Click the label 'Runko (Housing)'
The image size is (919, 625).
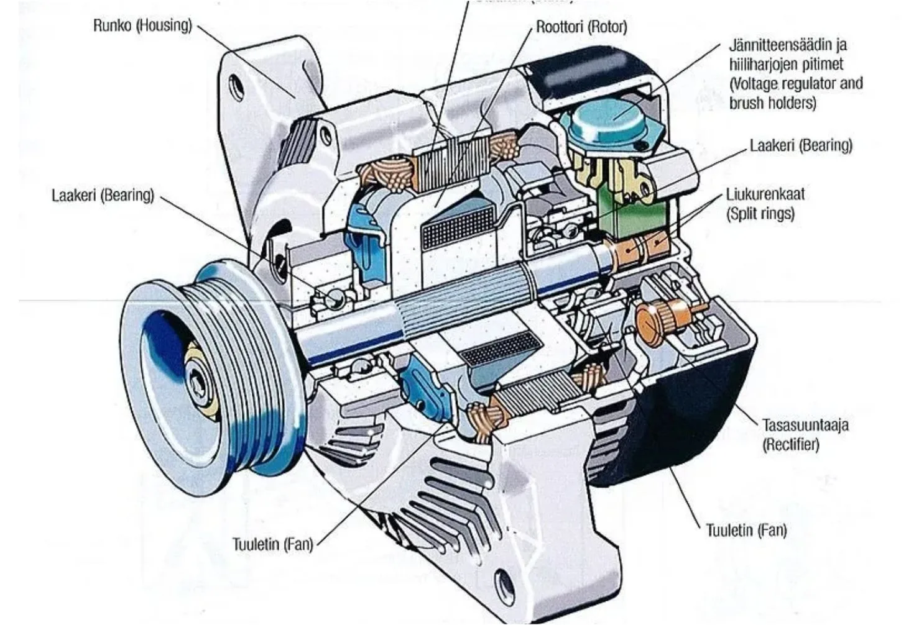[x=142, y=25]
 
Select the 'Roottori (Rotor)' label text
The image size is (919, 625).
[x=581, y=27]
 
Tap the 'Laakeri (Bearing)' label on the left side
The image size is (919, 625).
[x=103, y=195]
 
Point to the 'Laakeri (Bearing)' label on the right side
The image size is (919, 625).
[x=801, y=145]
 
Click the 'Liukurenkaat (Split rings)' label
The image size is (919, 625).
[x=765, y=203]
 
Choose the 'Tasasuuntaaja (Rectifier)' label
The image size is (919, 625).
[x=805, y=434]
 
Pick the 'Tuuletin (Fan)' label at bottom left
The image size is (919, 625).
[x=272, y=544]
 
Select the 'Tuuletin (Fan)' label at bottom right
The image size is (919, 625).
[x=746, y=530]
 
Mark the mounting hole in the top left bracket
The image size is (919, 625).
[x=236, y=86]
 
